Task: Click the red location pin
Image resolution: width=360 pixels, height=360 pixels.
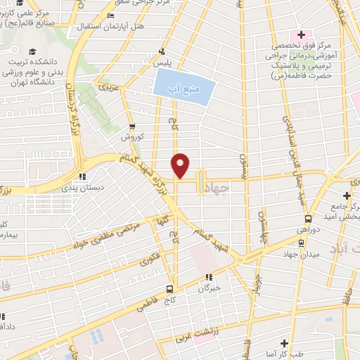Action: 181,165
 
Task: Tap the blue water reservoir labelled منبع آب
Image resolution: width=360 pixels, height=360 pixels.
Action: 181,86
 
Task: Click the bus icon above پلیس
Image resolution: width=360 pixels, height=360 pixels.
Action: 162,51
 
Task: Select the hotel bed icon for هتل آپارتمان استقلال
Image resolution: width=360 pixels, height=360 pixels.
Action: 111,16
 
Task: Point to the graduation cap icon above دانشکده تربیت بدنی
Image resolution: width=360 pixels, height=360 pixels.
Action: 32,52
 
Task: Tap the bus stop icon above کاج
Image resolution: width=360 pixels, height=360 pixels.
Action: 170,289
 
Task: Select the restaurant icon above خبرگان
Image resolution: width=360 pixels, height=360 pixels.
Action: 208,277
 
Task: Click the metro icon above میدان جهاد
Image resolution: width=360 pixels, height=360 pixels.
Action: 301,243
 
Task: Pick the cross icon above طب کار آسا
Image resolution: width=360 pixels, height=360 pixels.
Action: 283,344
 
